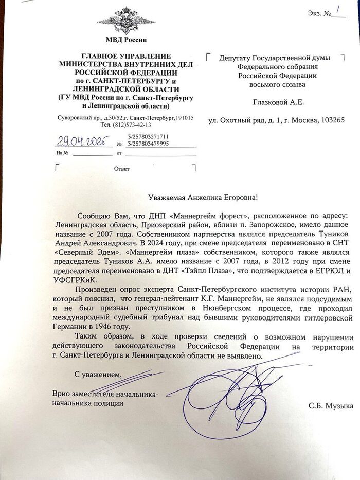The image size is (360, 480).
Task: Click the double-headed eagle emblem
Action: pos(125,20)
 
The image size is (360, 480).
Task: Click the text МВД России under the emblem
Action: pos(125,40)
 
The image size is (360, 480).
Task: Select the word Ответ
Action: pos(121,169)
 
